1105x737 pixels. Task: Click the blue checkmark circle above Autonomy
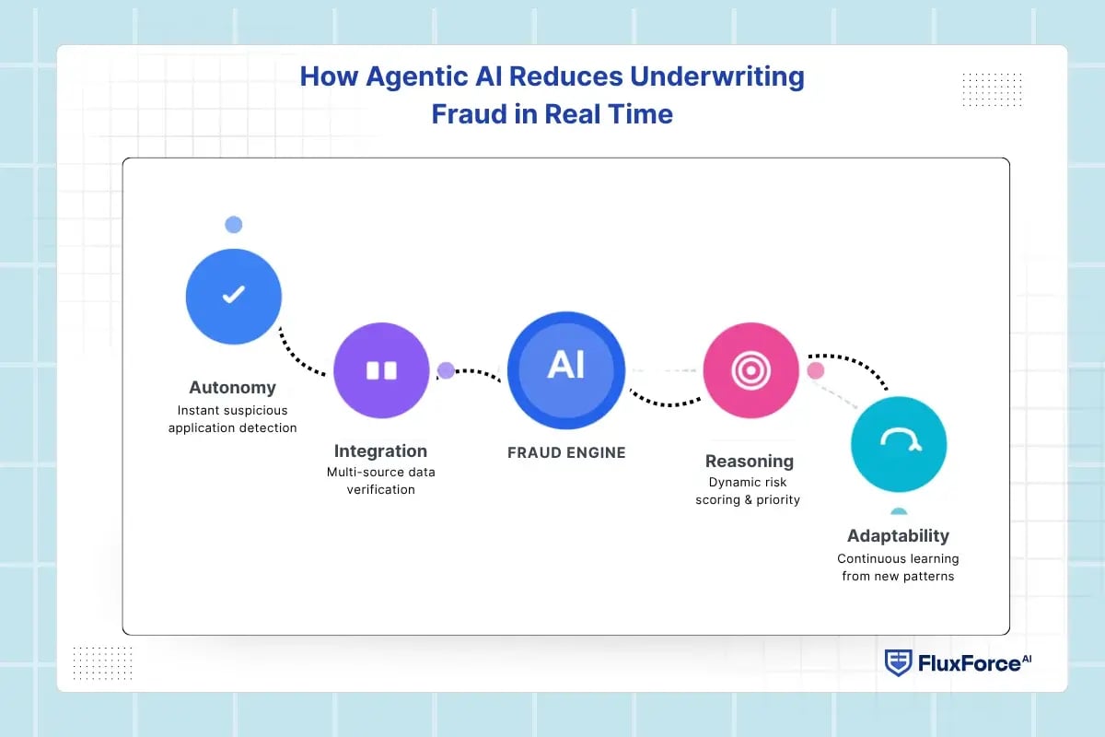tap(234, 297)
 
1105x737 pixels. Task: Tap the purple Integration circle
tap(381, 370)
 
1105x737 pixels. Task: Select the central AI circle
tap(566, 370)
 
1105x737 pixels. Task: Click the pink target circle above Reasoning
tap(750, 370)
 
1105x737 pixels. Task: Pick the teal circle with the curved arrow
tap(899, 444)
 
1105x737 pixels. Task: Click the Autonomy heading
tap(232, 388)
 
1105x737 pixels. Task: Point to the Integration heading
tap(380, 451)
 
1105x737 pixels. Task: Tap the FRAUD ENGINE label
tap(566, 452)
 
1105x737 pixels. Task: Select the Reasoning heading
tap(750, 461)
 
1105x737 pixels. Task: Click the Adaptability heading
tap(899, 535)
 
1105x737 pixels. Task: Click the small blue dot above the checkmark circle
tap(234, 225)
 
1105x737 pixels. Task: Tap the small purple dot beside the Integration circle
tap(446, 370)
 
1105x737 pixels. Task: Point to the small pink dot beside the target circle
tap(816, 370)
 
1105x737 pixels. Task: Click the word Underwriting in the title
tap(717, 77)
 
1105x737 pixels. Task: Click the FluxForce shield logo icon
tap(898, 663)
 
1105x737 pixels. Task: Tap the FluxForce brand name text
tap(974, 663)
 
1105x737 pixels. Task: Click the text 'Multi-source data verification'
tap(381, 481)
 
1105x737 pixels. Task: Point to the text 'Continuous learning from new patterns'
tap(898, 567)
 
